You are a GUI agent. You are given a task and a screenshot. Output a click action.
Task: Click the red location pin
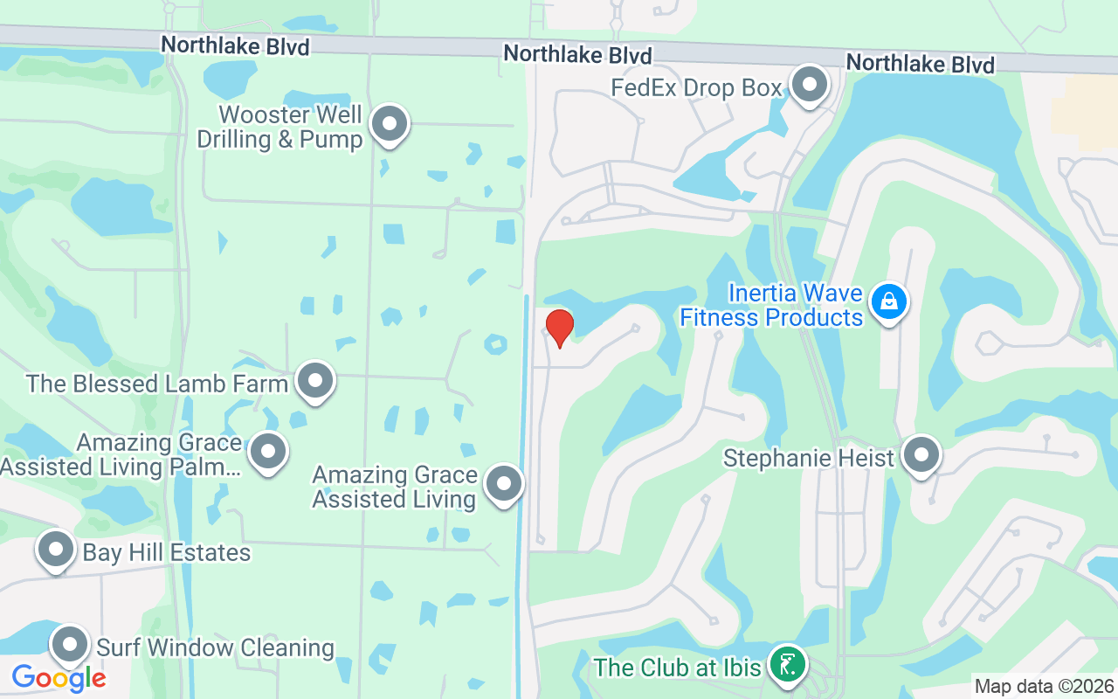[x=559, y=328]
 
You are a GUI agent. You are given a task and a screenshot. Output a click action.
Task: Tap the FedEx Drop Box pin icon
[x=810, y=85]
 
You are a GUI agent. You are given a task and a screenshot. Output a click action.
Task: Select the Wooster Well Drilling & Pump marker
[x=390, y=125]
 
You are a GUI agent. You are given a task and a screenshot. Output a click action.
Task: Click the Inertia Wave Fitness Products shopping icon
[x=889, y=302]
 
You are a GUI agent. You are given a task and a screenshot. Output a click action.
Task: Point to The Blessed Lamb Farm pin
[x=315, y=381]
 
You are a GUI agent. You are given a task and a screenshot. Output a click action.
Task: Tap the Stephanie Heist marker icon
[x=921, y=455]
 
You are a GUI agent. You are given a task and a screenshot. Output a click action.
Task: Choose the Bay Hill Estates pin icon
[x=57, y=550]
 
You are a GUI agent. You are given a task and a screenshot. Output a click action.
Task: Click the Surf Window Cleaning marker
[x=70, y=646]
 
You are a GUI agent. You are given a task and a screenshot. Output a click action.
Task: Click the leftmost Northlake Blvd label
[x=235, y=45]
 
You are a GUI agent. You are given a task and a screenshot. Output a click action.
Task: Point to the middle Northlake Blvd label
[x=577, y=55]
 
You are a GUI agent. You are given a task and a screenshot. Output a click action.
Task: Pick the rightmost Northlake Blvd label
[x=920, y=64]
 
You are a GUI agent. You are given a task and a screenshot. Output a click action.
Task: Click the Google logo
[x=59, y=678]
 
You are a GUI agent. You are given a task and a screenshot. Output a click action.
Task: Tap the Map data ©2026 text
[x=1044, y=687]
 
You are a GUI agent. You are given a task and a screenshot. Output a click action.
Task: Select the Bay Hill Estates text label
[x=166, y=553]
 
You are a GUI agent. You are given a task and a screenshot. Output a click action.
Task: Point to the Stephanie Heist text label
[x=809, y=458]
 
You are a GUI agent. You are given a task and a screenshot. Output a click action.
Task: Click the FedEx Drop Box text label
[x=696, y=88]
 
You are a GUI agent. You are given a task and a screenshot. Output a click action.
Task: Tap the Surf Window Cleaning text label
[x=215, y=648]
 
